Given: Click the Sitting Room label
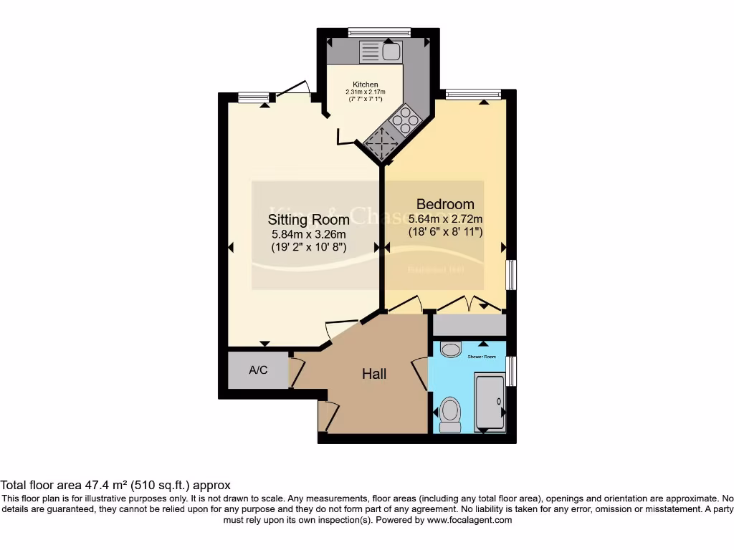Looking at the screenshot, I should [308, 219].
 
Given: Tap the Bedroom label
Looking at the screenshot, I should [441, 204].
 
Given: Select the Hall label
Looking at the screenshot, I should [374, 374].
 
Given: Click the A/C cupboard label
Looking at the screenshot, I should [258, 370].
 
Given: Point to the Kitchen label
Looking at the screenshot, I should [365, 85].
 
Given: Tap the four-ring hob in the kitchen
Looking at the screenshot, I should [406, 119].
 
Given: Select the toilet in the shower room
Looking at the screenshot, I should [450, 413].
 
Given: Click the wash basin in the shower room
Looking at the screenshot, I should [451, 349].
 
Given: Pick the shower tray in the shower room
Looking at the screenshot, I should [490, 401].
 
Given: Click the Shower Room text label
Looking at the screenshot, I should [482, 356].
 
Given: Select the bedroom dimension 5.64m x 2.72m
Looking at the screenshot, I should [445, 219].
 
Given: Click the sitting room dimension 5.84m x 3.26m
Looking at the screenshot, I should [308, 234].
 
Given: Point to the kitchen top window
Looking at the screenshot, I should [379, 32].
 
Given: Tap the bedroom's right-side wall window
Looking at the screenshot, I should [510, 275].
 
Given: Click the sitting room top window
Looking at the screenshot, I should [254, 97].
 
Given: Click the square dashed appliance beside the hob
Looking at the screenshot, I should [380, 144].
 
